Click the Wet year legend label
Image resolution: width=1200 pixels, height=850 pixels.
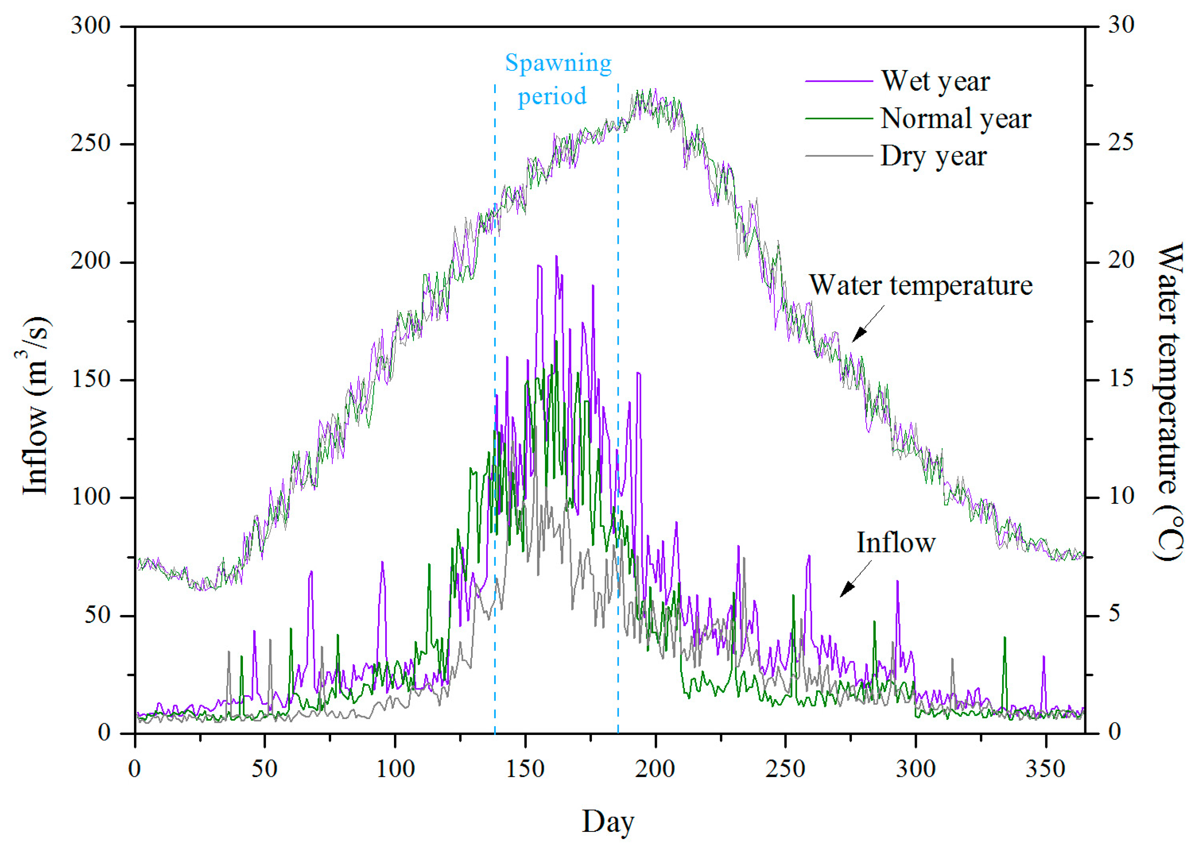coord(935,81)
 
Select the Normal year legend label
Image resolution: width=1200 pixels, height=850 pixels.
coord(955,119)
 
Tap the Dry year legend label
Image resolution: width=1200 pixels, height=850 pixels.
coord(933,156)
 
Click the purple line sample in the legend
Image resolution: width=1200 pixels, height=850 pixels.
coord(838,81)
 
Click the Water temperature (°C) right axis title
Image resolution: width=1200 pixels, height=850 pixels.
coord(1170,401)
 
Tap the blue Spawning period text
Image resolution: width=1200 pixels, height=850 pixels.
coord(558,79)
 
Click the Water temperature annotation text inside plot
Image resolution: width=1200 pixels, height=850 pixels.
coord(921,286)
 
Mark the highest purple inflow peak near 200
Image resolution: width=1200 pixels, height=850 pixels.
coord(556,257)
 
